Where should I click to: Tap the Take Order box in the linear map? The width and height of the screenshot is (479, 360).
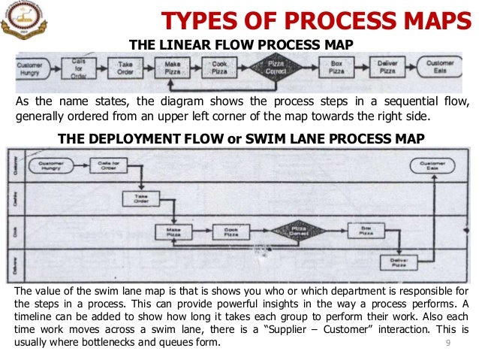125,68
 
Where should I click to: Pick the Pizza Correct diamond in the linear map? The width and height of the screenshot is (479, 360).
276,68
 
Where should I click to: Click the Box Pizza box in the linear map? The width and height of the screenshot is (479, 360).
337,68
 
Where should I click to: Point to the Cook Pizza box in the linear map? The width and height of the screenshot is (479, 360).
219,68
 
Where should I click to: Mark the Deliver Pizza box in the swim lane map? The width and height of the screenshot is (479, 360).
399,262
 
